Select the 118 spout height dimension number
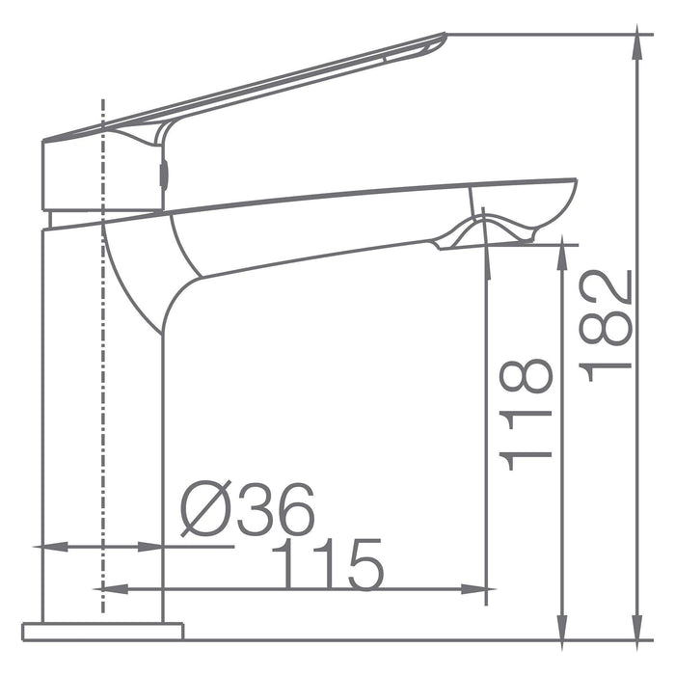[527, 415]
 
